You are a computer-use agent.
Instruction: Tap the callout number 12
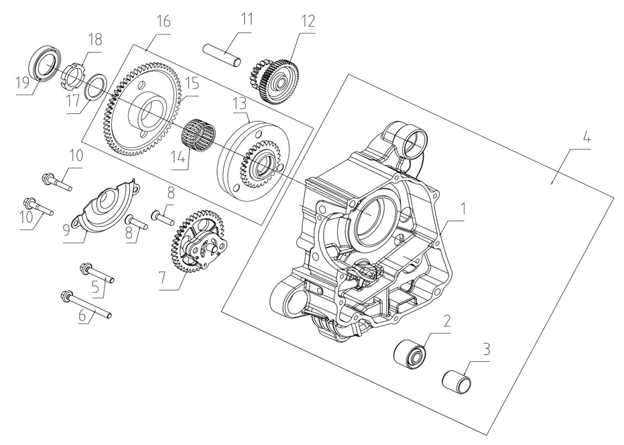(x=307, y=21)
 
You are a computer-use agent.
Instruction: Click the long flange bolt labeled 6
(x=87, y=305)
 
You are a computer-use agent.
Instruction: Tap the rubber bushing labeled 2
(x=410, y=353)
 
